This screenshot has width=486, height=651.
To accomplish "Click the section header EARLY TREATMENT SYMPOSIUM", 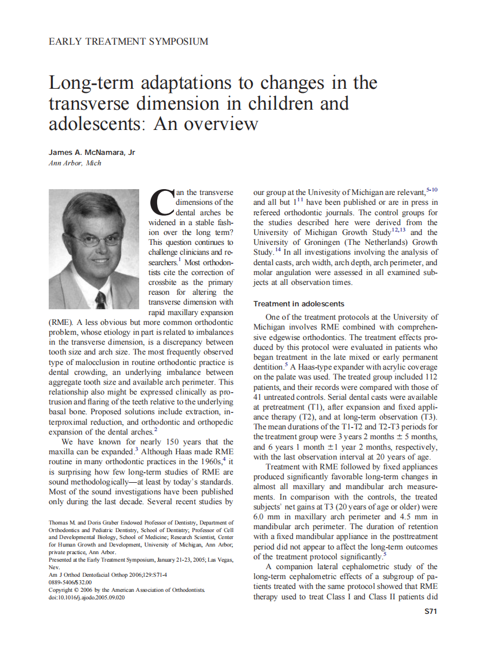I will click(x=128, y=42).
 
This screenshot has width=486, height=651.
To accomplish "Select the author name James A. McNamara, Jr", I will click(x=92, y=153).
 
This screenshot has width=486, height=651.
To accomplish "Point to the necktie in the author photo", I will click(x=100, y=299).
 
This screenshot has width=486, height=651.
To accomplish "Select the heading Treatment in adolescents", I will click(x=299, y=303).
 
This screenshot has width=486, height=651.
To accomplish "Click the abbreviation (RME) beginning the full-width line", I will click(x=60, y=321).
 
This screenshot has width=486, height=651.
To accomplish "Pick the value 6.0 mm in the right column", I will click(x=267, y=517).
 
